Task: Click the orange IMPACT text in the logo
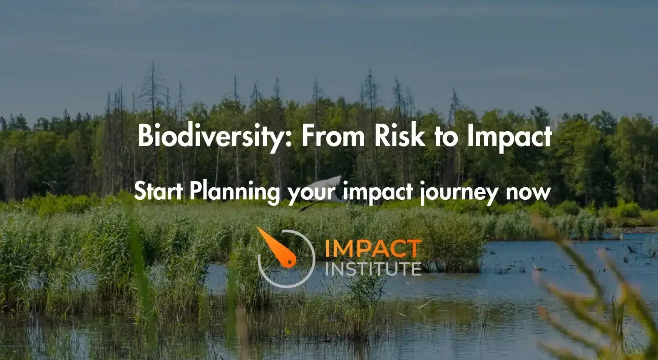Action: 373,249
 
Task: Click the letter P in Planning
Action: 196,191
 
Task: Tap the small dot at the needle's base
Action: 290,261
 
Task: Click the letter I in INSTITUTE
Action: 327,269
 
